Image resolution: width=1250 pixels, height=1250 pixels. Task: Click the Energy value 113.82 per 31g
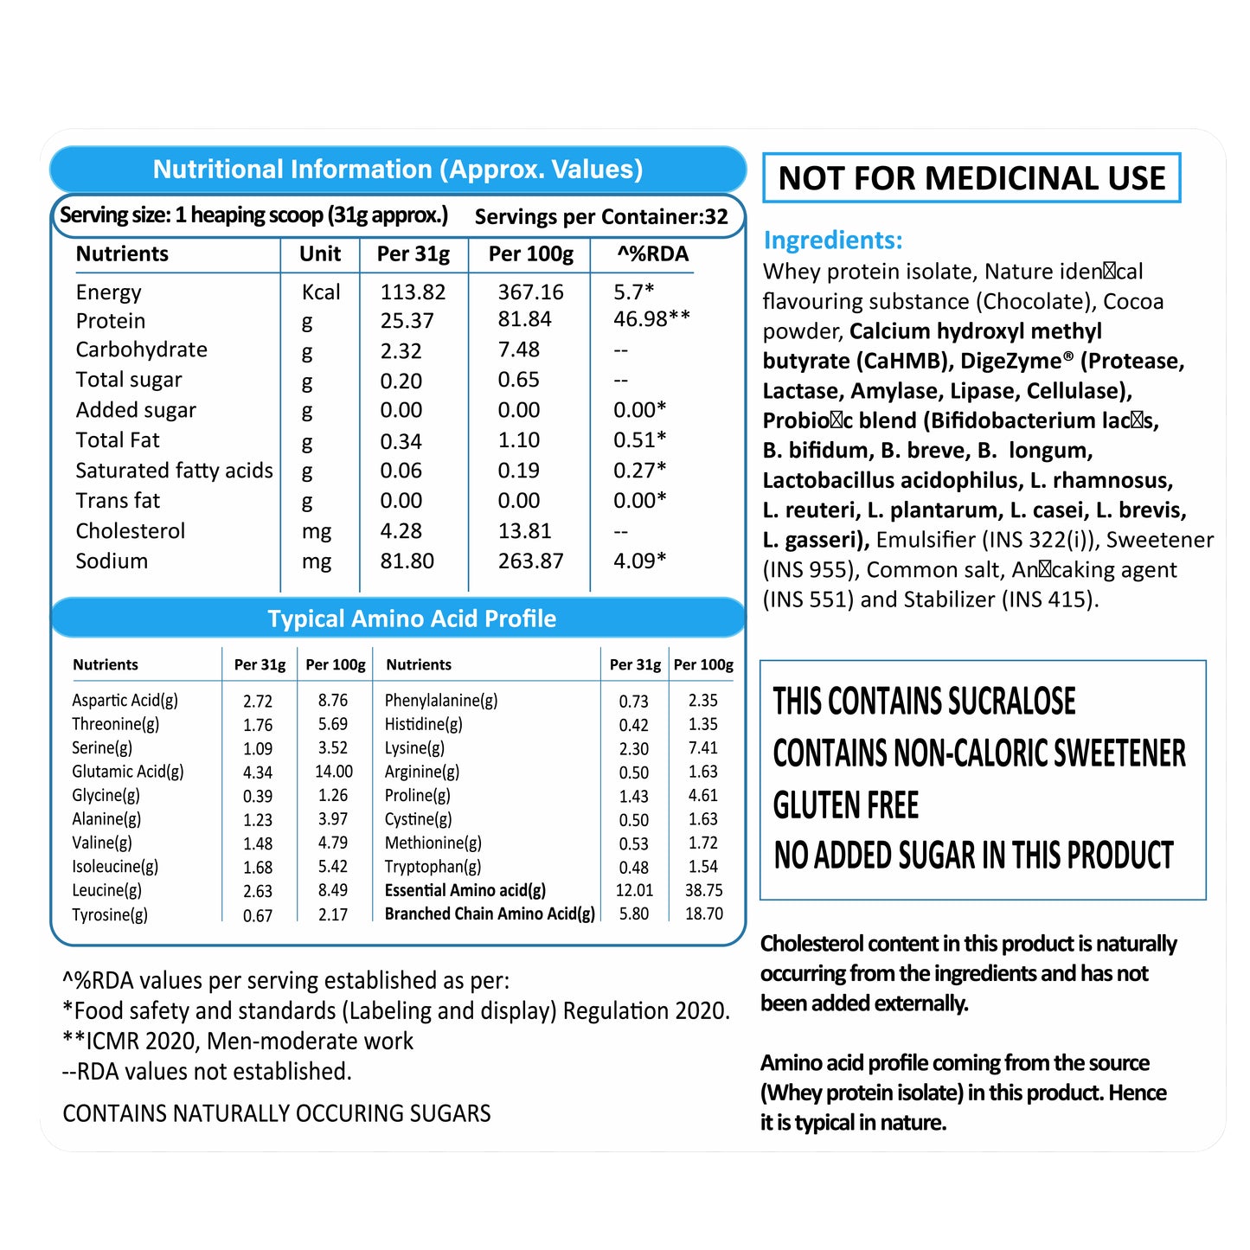click(413, 292)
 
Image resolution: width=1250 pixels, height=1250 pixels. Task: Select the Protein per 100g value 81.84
click(524, 319)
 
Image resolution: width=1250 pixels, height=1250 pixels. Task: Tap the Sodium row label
click(112, 561)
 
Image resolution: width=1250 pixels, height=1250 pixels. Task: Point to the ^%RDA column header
click(652, 254)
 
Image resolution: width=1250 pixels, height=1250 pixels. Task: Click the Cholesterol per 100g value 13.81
click(524, 531)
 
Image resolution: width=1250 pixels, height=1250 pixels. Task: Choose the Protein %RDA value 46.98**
click(651, 319)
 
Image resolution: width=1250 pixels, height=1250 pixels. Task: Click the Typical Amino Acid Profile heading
click(412, 619)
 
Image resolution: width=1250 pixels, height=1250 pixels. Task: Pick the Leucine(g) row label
click(106, 890)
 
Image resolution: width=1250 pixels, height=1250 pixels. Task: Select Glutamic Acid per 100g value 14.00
click(334, 772)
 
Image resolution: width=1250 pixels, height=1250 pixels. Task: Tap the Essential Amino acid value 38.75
click(703, 890)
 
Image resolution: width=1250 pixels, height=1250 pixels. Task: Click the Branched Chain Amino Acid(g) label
click(490, 913)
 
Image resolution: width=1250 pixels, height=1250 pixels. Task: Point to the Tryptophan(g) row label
click(433, 867)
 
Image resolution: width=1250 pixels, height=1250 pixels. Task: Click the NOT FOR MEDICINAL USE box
click(971, 178)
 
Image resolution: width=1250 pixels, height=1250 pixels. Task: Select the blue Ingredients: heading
click(832, 240)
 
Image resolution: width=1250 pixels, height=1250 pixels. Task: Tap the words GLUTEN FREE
click(845, 805)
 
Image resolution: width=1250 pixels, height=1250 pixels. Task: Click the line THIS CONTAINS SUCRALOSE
click(924, 702)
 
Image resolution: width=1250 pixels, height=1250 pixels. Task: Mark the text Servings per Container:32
click(601, 217)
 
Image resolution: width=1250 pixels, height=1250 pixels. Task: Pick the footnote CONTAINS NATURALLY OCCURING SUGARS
click(277, 1113)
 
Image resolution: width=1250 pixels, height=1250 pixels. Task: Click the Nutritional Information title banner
click(398, 170)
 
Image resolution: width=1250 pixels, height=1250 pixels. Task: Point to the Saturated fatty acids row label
click(174, 471)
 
